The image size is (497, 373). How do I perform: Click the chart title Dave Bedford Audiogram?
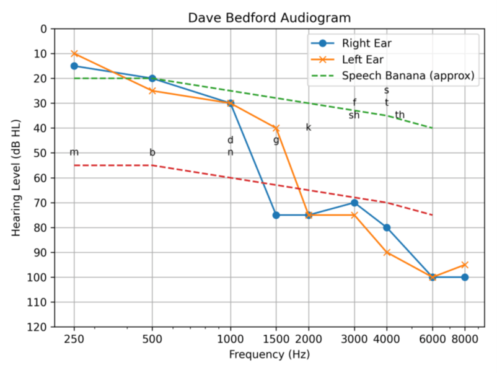(270, 18)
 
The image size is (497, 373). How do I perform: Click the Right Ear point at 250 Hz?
(74, 66)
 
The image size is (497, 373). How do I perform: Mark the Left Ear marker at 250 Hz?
(74, 53)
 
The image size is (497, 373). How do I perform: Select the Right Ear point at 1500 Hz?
(276, 215)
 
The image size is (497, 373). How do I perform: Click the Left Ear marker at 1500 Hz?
(276, 128)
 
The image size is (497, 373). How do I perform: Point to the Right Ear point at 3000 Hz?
(354, 203)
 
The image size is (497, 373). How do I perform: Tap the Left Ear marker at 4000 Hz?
(387, 252)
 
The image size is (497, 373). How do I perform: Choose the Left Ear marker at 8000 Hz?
(465, 265)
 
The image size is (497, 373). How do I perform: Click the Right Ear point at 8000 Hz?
(465, 277)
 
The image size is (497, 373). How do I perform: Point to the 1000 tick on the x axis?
(231, 338)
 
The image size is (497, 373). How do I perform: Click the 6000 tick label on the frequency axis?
(433, 338)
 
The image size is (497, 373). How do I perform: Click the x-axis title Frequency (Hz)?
(270, 355)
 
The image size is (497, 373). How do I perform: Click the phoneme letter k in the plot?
(309, 128)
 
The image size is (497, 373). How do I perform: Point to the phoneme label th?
(400, 115)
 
